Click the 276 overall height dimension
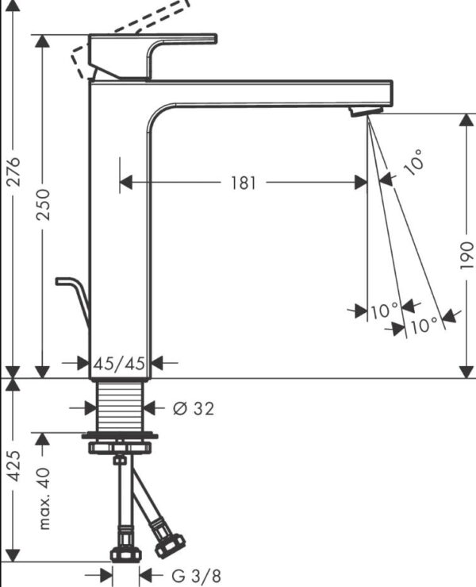(x=13, y=172)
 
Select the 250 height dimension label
(x=43, y=204)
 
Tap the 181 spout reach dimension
(x=244, y=183)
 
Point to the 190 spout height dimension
(x=466, y=255)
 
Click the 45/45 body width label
(x=119, y=363)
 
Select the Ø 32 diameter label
(x=194, y=408)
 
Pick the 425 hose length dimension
(x=13, y=465)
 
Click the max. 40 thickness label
(x=44, y=498)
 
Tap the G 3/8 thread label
(x=196, y=574)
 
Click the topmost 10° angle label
(x=414, y=162)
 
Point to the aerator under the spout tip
(x=366, y=111)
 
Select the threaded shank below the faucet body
(x=120, y=407)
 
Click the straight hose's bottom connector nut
(x=126, y=554)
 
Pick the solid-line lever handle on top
(x=153, y=56)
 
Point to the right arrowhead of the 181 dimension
(x=360, y=183)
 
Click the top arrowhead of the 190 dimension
(x=466, y=121)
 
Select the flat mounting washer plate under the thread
(x=120, y=436)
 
